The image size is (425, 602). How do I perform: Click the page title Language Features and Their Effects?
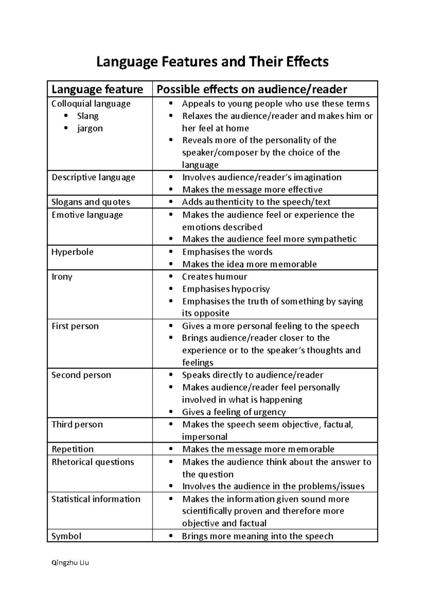[212, 62]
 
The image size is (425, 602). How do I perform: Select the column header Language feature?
[97, 89]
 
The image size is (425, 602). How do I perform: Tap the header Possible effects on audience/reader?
[252, 89]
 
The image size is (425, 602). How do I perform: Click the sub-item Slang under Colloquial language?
[87, 116]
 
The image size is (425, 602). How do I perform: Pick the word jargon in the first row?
[90, 128]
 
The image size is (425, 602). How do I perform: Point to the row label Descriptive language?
[93, 177]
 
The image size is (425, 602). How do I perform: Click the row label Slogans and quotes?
[91, 202]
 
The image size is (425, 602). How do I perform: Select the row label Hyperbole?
[73, 252]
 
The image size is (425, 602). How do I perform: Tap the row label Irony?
[62, 277]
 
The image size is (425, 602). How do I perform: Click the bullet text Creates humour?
[215, 277]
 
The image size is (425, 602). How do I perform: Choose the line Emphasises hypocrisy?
[226, 289]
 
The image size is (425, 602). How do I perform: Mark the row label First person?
[75, 326]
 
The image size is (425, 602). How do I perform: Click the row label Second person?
[81, 375]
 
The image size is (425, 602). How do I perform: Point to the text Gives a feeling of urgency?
[234, 412]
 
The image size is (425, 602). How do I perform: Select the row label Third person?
[77, 424]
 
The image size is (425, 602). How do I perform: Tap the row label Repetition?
[73, 449]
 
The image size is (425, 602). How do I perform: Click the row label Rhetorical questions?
[93, 462]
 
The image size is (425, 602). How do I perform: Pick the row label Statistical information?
[96, 499]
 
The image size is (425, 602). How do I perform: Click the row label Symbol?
[66, 536]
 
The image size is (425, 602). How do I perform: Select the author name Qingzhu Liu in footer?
[70, 563]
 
